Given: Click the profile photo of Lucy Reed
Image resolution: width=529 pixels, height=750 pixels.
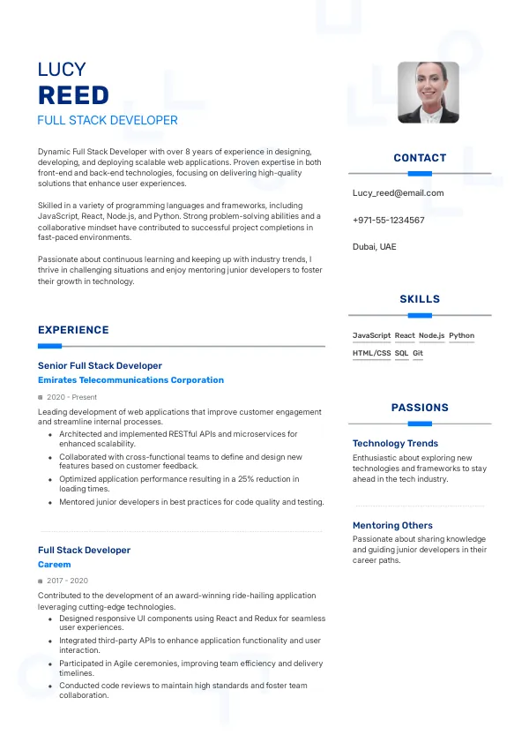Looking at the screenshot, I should tap(428, 92).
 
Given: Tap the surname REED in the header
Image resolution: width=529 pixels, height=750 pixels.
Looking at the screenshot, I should tap(73, 95).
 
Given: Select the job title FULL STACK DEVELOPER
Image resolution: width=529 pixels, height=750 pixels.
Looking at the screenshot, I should tap(108, 120).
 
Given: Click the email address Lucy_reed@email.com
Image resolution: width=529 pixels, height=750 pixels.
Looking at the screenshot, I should tap(398, 192).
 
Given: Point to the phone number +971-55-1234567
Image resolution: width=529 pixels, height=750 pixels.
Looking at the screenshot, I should tap(388, 220).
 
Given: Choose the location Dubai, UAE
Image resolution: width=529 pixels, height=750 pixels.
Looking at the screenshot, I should tap(374, 246).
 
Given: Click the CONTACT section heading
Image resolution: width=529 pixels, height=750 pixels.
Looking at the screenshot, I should tap(420, 158).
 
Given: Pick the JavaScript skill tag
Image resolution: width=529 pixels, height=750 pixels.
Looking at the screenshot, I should tap(371, 335).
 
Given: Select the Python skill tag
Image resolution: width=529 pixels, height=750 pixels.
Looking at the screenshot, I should tap(461, 335).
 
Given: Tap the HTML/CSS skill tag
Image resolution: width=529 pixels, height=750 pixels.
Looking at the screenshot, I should tap(371, 353).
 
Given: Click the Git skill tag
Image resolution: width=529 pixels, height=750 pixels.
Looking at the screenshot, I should tap(418, 353).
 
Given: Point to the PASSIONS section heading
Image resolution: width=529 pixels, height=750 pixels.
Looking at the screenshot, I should tap(420, 408).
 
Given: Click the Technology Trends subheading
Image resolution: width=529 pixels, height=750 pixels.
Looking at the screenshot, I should tap(395, 443).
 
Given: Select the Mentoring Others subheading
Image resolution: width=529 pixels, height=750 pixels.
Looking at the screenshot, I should tap(392, 525).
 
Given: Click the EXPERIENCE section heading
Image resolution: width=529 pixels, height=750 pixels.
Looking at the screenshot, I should tap(73, 330).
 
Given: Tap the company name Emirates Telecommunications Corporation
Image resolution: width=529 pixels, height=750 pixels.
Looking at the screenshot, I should tap(130, 380).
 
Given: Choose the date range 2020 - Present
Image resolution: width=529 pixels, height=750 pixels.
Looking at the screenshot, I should tap(72, 397).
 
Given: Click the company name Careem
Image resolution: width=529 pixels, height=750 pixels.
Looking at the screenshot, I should tap(55, 564).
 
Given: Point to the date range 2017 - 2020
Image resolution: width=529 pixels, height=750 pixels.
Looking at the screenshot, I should tap(67, 581).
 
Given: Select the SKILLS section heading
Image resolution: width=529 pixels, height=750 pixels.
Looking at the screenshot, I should tap(420, 299).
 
